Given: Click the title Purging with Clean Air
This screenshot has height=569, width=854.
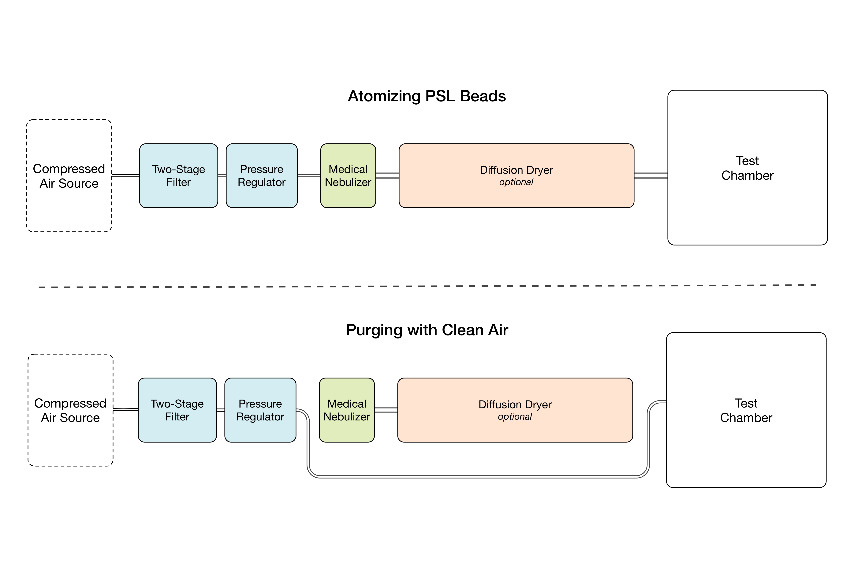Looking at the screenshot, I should [427, 330].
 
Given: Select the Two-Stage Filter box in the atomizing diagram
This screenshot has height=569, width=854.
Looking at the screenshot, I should [179, 176].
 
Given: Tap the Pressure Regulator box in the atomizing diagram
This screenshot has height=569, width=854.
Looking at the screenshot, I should [261, 176].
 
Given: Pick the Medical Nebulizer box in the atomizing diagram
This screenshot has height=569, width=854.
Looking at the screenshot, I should [348, 176].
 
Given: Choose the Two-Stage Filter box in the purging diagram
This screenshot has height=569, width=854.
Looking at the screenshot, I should [177, 410].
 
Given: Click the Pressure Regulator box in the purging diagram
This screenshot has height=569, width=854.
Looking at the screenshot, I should [260, 410].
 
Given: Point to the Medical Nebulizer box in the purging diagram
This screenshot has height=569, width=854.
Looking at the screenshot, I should [347, 410].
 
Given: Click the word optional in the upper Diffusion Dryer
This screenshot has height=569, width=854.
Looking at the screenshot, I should [516, 182].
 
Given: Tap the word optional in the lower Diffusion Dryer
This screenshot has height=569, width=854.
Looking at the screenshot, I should [515, 417].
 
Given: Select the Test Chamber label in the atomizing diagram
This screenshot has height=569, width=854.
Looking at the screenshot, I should [747, 168].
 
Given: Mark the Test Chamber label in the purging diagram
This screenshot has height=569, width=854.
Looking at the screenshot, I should [746, 410].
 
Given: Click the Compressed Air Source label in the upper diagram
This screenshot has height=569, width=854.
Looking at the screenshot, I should [69, 176].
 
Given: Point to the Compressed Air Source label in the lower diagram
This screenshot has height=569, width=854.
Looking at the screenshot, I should [70, 410].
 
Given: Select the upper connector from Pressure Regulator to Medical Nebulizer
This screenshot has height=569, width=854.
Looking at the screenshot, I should [309, 176].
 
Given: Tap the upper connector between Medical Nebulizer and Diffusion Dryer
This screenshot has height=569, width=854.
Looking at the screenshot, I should [387, 176].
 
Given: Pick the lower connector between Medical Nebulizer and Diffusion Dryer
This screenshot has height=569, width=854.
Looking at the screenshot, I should [386, 410].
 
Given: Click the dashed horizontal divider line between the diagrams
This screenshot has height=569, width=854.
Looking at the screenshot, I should [427, 286].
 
